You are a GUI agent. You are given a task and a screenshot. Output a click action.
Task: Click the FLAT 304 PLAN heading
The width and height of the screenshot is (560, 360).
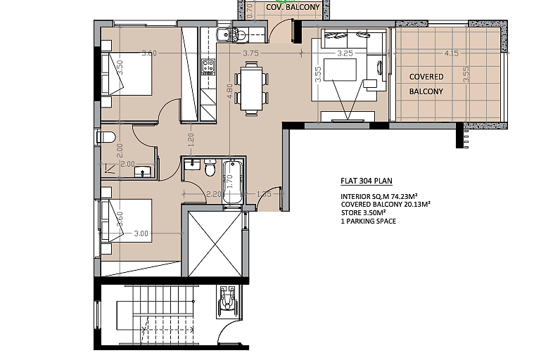367,181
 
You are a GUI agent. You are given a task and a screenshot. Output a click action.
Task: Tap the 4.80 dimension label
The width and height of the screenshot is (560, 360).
229,91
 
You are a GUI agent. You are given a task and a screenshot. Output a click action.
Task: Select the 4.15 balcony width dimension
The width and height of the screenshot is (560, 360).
452,53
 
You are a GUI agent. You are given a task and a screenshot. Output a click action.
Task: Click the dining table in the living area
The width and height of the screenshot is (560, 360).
251,89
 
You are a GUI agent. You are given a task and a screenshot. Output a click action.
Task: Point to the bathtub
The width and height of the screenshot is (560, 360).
233,182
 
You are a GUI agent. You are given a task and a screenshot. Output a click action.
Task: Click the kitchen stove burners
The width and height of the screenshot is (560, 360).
208,66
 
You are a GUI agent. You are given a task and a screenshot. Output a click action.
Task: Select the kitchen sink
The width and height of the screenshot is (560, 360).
224,34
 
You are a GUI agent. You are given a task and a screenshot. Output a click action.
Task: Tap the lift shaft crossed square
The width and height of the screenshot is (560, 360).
215,244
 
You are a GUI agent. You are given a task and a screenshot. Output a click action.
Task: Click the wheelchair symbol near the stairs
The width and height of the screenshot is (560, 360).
227,302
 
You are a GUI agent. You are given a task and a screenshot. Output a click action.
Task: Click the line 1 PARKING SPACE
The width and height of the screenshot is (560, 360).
368,221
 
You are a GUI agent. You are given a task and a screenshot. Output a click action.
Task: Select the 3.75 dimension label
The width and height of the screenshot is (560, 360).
250,53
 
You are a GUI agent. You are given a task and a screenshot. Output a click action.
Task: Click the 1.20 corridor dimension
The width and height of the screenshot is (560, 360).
191,140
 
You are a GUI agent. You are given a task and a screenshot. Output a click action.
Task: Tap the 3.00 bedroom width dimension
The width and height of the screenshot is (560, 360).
141,233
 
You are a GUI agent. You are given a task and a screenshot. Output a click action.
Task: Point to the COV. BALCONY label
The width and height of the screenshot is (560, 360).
293,7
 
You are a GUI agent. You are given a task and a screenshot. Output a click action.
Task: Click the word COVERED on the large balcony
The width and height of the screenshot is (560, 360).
426,77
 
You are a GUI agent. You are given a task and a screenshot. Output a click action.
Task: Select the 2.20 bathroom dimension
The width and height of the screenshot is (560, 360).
214,194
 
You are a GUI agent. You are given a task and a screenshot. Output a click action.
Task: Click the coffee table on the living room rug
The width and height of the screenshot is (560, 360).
340,70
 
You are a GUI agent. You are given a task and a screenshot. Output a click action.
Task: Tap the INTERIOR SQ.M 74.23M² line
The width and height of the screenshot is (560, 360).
379,196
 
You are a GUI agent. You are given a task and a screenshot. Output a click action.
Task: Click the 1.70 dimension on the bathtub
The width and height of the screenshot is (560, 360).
229,181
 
